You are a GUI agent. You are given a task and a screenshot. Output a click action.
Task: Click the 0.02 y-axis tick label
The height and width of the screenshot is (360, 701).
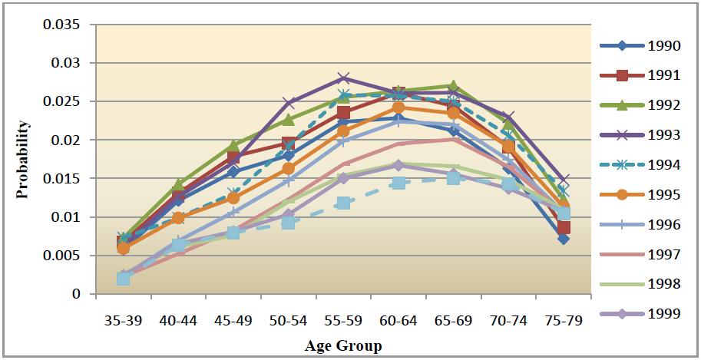pos(66,140)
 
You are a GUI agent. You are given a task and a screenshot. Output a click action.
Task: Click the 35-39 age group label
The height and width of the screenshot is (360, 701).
pos(123,320)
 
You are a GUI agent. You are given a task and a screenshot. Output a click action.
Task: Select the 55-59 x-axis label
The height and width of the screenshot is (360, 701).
pos(343,320)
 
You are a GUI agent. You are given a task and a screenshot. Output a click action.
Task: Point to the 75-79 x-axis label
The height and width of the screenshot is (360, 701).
pos(563,320)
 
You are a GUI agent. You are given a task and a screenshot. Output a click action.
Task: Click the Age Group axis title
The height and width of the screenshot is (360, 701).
pos(342,345)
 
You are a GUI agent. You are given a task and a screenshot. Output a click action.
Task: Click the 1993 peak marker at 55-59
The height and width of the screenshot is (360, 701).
pos(343,78)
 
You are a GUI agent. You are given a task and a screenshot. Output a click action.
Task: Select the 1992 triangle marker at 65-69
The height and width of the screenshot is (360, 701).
pos(453,86)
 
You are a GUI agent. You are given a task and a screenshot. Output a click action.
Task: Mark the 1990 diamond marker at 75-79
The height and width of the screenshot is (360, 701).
pos(563,239)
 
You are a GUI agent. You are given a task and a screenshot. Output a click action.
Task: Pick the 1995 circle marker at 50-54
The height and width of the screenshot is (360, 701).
pos(288,168)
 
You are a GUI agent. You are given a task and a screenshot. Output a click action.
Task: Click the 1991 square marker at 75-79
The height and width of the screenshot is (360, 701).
pos(563,227)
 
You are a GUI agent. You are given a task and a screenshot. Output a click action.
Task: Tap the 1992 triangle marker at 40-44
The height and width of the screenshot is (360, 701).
pos(178,185)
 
